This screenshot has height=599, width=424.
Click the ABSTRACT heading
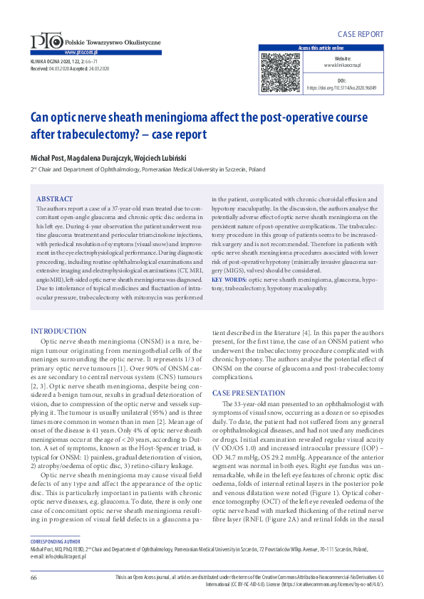54,198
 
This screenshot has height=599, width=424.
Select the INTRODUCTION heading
58,331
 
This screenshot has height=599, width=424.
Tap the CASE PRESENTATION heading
249,393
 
